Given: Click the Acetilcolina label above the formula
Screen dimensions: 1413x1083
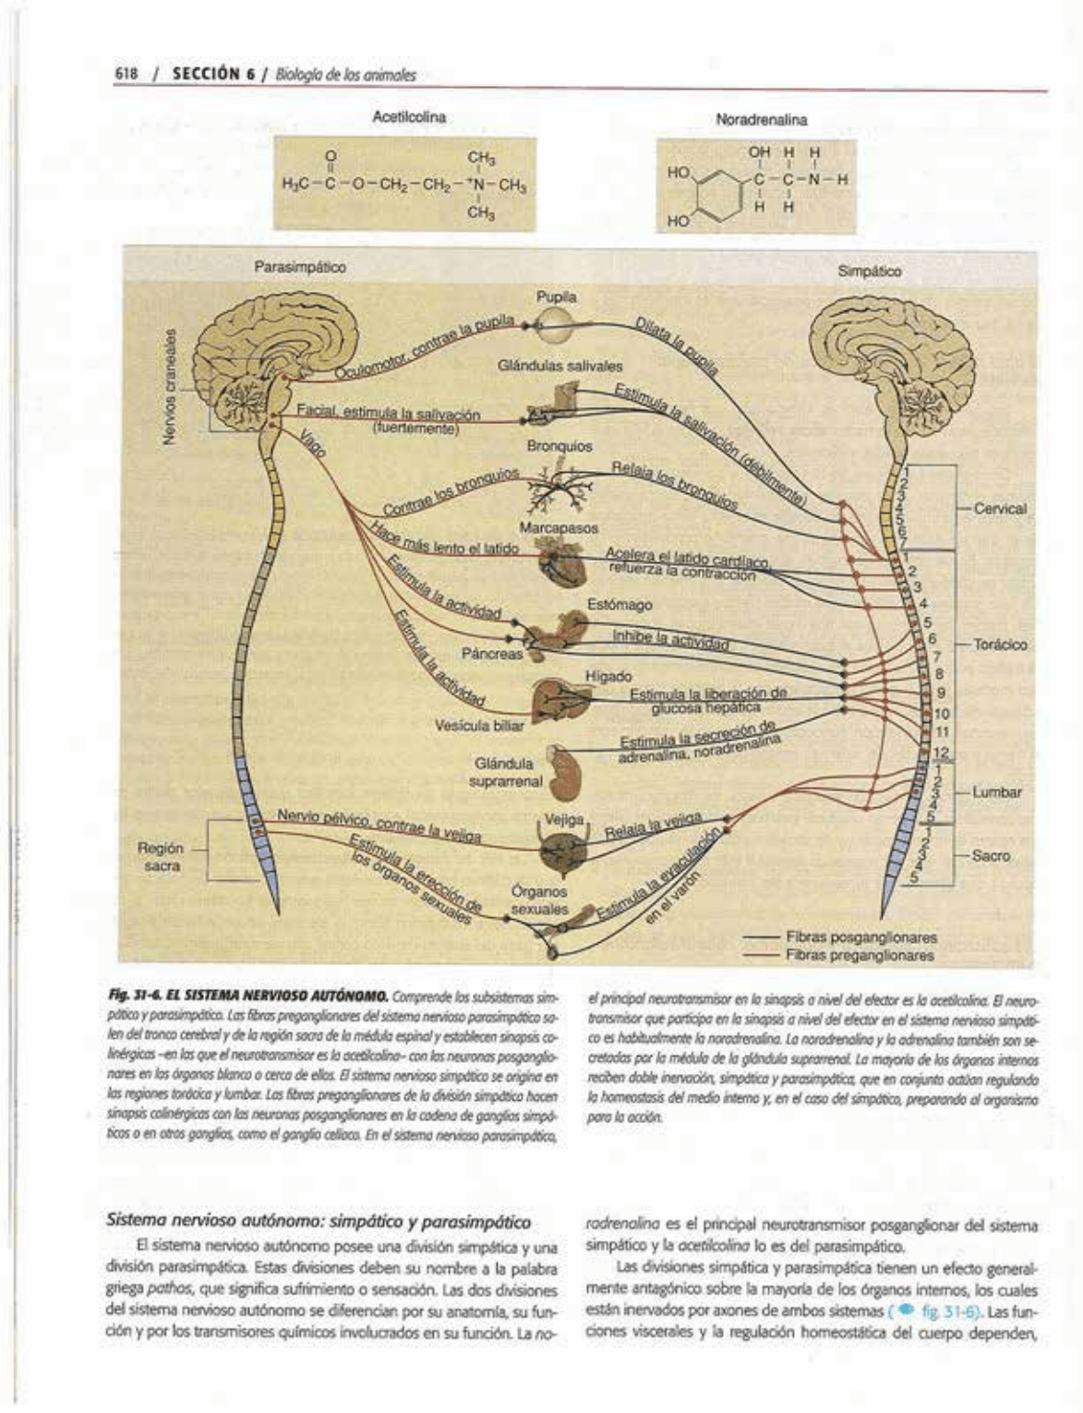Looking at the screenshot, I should click(409, 117).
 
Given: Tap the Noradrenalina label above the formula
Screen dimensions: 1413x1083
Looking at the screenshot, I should click(761, 119).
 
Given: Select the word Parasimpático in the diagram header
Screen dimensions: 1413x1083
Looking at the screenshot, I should click(300, 268).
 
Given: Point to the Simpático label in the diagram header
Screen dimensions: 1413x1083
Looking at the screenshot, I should click(870, 272).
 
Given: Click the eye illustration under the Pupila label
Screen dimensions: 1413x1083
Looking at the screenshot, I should click(557, 323).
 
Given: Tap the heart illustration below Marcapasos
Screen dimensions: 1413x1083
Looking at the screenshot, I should click(561, 562).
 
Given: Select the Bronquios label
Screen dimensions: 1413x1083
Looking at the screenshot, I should click(560, 446).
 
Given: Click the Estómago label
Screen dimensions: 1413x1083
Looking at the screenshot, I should click(620, 605).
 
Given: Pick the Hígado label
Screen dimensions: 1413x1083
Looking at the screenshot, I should click(608, 677).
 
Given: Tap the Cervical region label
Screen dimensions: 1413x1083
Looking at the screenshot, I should click(1000, 509).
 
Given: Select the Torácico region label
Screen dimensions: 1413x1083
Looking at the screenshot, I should click(1001, 645).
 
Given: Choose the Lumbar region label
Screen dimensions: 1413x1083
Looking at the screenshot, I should click(996, 792).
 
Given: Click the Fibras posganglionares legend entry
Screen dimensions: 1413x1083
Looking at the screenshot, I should click(861, 936).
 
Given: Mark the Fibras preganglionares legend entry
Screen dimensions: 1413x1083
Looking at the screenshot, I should click(861, 955).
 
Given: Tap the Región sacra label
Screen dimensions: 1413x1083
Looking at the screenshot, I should click(162, 856).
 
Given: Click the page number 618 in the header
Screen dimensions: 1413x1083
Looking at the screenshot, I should click(126, 75).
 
